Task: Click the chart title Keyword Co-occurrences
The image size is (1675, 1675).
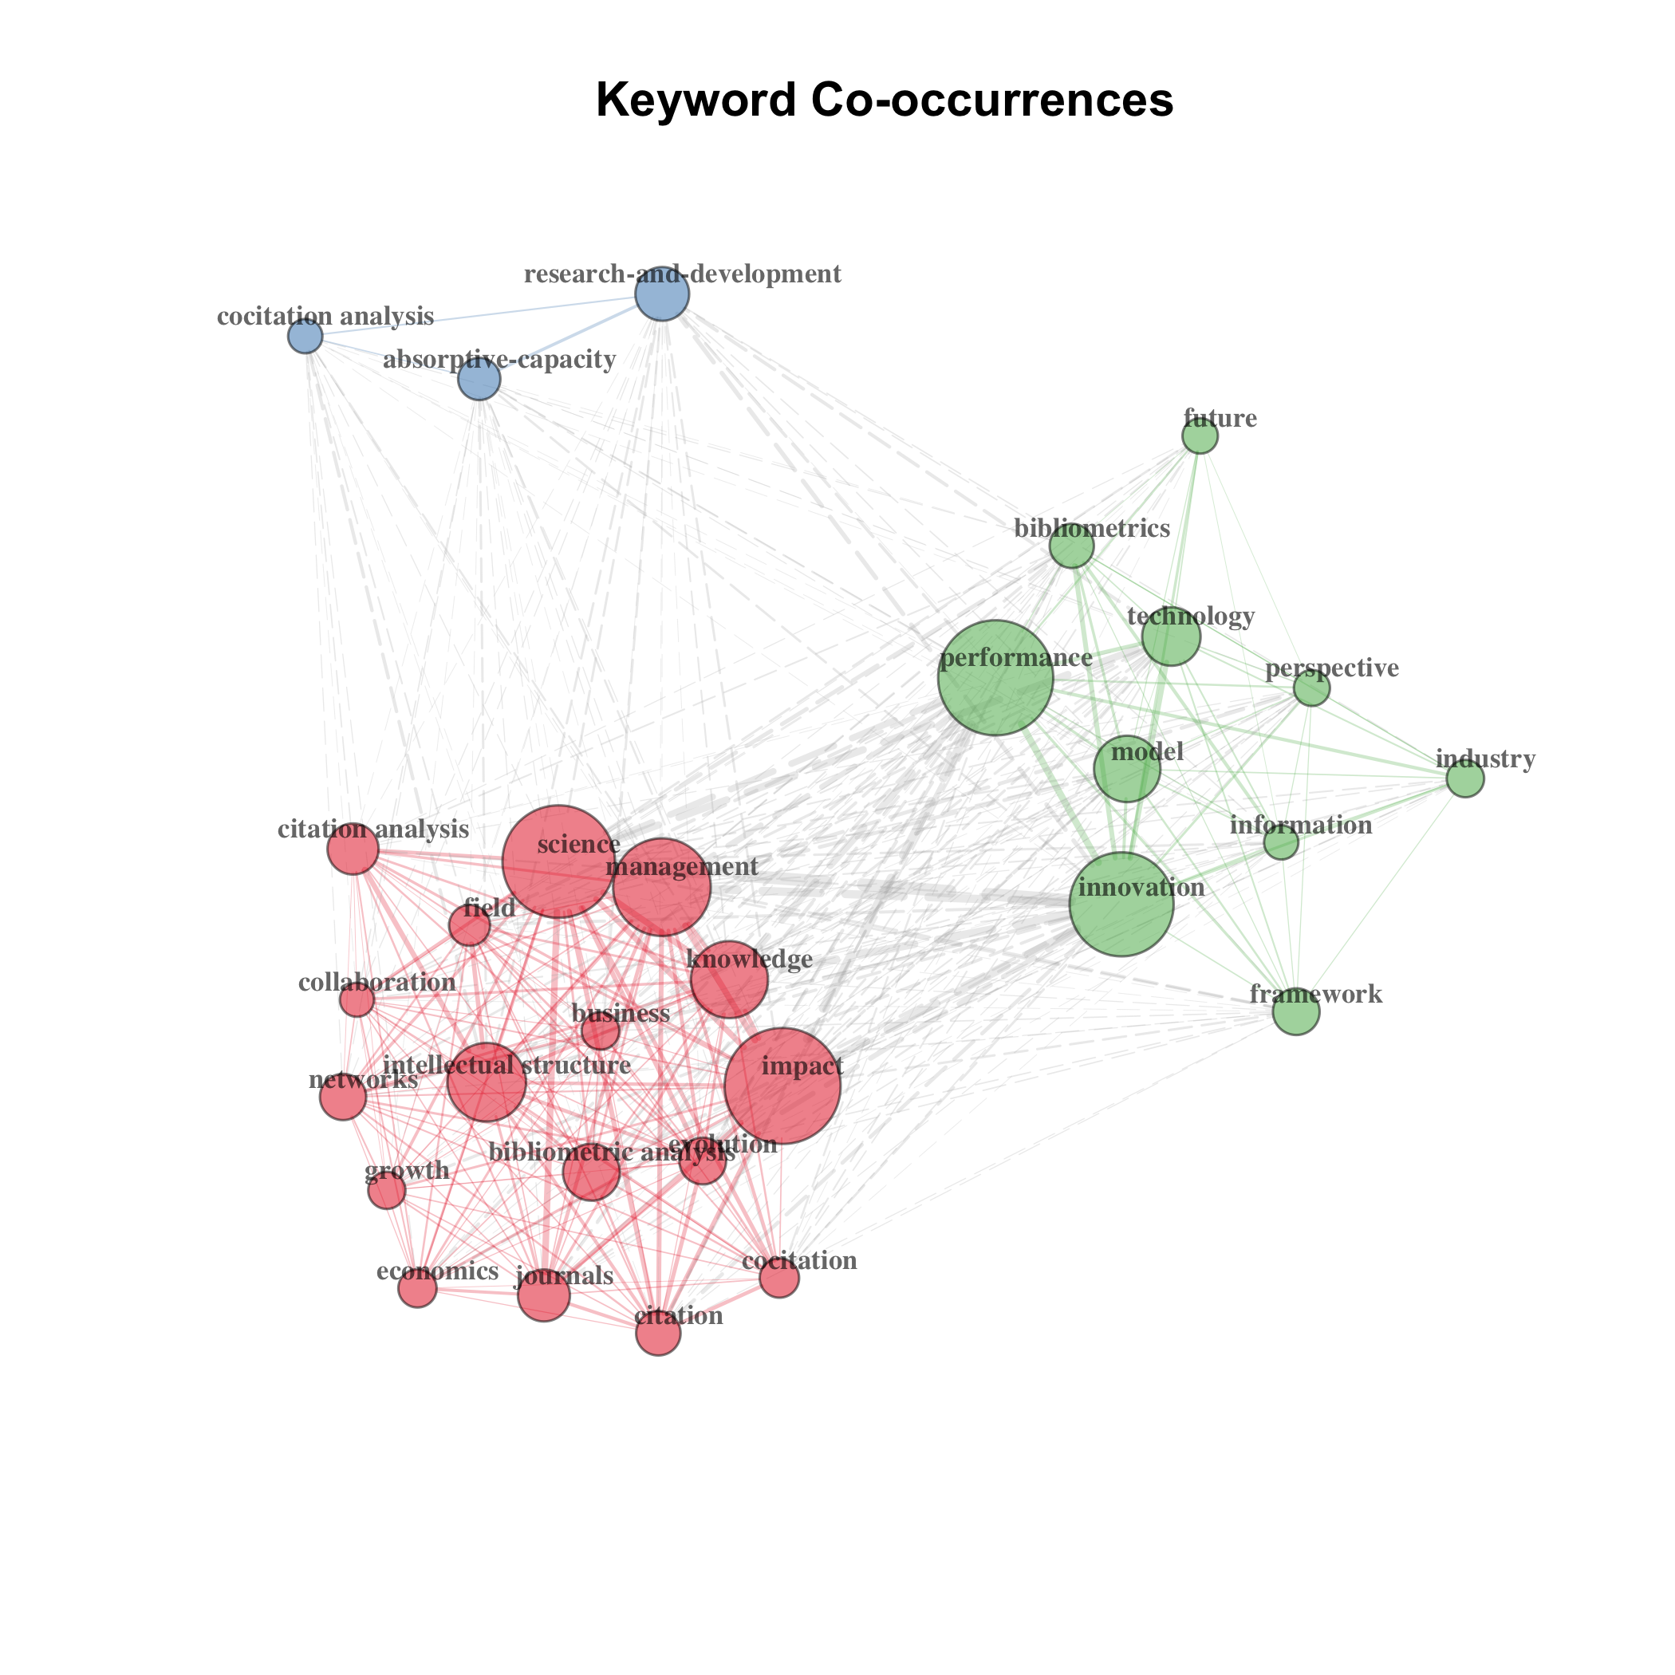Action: (x=885, y=100)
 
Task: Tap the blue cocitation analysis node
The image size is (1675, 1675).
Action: (x=305, y=336)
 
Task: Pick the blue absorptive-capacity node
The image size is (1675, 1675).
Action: (x=479, y=379)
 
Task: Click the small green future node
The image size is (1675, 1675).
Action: (x=1200, y=436)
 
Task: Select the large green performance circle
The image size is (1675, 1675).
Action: (x=995, y=677)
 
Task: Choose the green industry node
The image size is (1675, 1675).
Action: (x=1465, y=778)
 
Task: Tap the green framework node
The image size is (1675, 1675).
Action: (x=1296, y=1011)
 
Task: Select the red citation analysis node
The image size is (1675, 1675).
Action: (x=353, y=849)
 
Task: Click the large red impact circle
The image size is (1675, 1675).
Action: (x=782, y=1086)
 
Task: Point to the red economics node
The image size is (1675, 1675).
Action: (x=417, y=1288)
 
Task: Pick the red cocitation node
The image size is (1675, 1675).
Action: (x=779, y=1278)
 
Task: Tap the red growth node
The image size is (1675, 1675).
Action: (x=387, y=1190)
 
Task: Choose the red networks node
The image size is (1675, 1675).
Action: (x=342, y=1098)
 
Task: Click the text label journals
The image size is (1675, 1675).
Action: (x=565, y=1276)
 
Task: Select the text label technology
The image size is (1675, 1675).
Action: (x=1190, y=617)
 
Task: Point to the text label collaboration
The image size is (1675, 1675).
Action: (x=376, y=983)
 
